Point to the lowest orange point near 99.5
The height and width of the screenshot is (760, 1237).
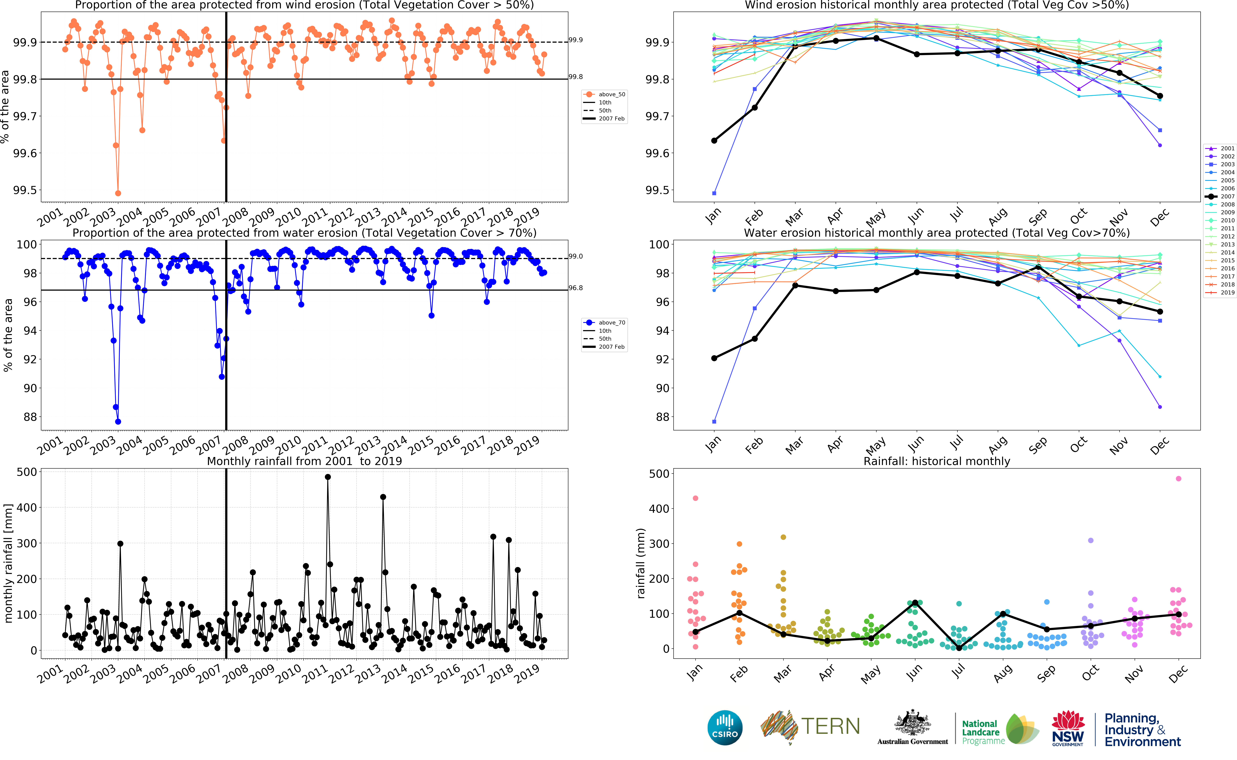118,193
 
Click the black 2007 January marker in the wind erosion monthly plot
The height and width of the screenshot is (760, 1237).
714,141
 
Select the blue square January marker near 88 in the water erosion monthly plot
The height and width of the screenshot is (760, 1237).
714,422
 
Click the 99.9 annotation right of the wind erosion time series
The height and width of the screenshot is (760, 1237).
576,40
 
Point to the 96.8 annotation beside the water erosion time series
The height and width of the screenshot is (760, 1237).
576,288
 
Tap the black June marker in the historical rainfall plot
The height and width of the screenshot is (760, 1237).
915,603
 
